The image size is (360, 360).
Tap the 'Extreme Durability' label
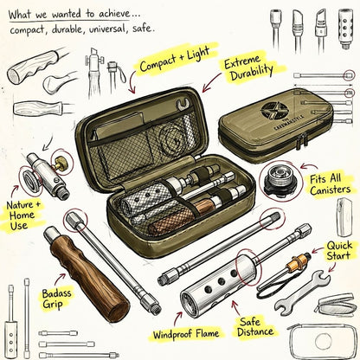248,68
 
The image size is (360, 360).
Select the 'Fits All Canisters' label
331,184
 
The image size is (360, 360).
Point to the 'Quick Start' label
339,250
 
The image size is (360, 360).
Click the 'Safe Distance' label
254,326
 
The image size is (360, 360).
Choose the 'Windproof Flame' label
186,334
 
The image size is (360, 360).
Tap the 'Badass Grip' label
56,299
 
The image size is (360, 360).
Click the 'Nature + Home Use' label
23,215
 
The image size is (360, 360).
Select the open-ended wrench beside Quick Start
302,290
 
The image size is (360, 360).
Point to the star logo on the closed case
274,110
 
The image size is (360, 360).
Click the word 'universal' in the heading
106,29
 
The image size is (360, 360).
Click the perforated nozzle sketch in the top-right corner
345,29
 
